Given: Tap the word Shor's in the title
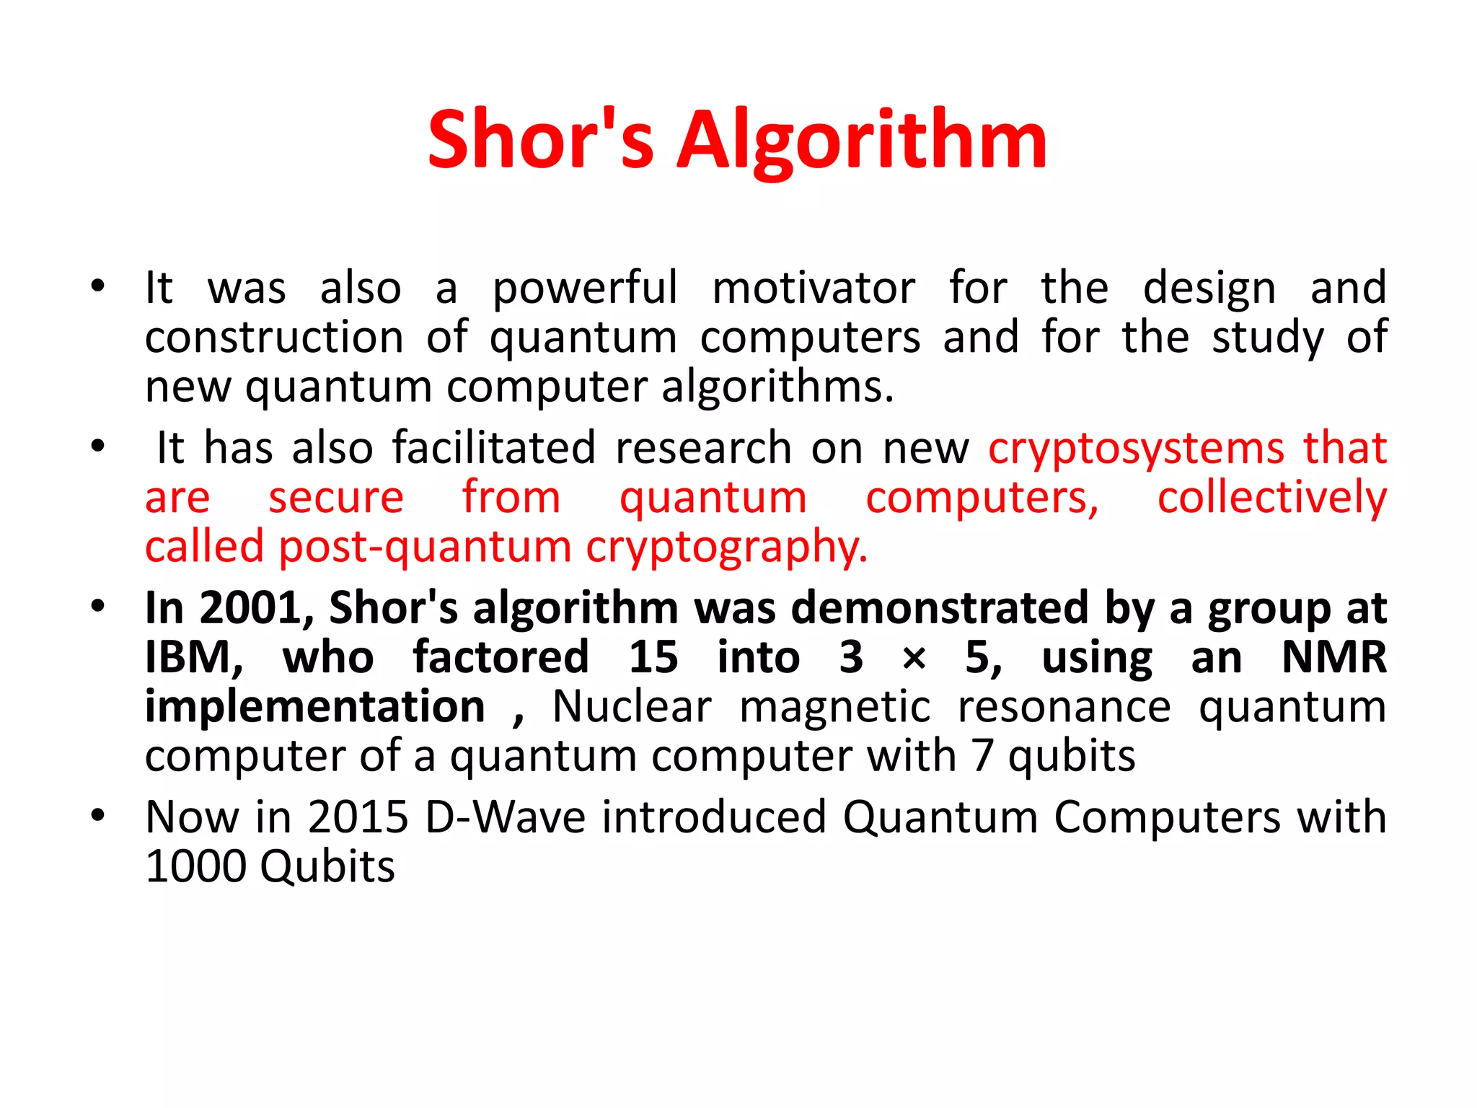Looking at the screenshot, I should pos(541,141).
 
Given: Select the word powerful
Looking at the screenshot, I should pos(585,289).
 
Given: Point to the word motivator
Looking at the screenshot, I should pos(814,289).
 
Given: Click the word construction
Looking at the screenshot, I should pos(274,338).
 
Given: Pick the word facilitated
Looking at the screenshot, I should pos(494,448).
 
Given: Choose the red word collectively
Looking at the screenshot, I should pos(1272,498).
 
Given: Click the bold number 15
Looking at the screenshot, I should pos(653,657).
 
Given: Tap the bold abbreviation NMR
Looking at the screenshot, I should pos(1334,657).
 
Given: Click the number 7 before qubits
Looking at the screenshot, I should pos(982,756).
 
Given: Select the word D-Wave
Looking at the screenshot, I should pos(505,817).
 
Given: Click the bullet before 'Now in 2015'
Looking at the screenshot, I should pos(98,816).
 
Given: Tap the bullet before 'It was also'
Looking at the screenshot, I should pos(98,286).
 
